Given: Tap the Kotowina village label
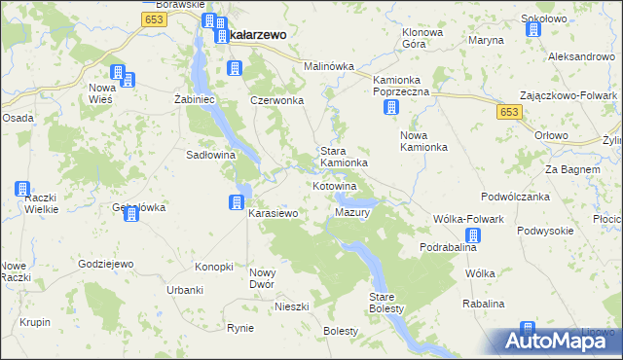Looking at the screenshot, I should tap(335, 185).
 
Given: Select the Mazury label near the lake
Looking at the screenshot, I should tap(349, 212).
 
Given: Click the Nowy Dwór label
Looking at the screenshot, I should tap(264, 278).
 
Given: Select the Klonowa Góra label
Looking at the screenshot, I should tap(422, 38).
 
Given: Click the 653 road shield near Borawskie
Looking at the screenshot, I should tap(152, 19).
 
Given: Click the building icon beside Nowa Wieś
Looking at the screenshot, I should tap(117, 73).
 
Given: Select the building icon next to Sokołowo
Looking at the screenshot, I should tap(533, 29).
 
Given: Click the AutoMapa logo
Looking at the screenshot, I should tap(557, 342).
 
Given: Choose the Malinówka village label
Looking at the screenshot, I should tap(328, 66).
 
